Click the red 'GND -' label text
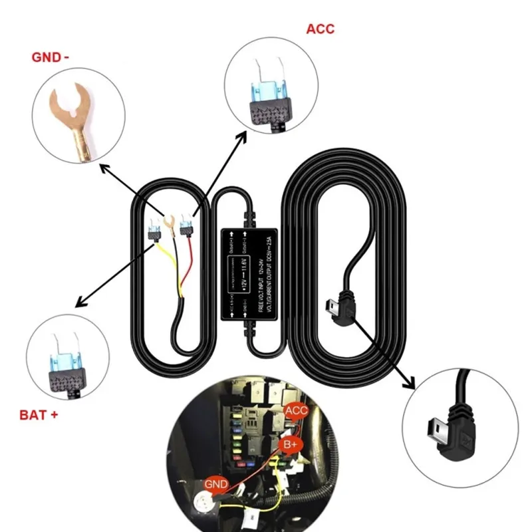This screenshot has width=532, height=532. point(50,57)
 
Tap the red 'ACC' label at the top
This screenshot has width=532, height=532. point(320,29)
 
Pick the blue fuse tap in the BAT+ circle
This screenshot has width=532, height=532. point(67,362)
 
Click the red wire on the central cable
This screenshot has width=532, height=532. point(190,266)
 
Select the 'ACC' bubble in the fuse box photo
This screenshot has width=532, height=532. point(296,410)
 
